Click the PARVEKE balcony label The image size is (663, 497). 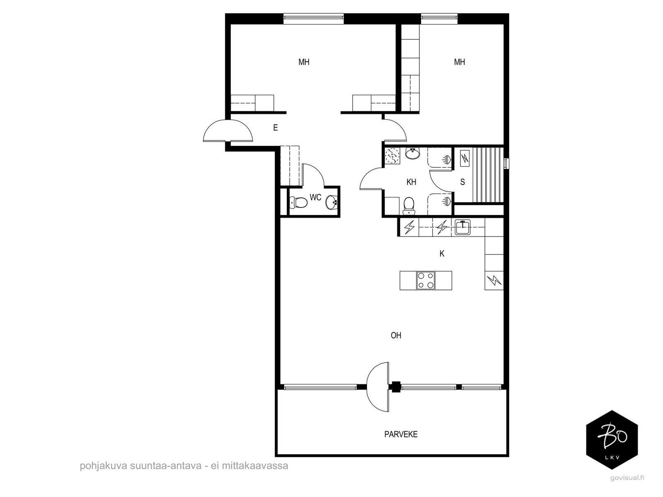[401, 434]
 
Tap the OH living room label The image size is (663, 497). [396, 335]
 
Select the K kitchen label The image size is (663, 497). [442, 254]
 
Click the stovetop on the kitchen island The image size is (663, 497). [426, 280]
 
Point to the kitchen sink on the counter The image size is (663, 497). [462, 227]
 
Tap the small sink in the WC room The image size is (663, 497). [332, 203]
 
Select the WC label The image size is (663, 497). [315, 198]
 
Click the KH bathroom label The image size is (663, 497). [411, 182]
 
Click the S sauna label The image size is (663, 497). [462, 182]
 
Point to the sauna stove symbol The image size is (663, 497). [465, 158]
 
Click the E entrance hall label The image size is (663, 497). [275, 128]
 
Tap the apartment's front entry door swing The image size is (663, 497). [227, 131]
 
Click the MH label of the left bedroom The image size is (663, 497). [304, 62]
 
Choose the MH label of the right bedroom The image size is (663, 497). [459, 62]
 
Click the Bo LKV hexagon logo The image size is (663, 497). [612, 440]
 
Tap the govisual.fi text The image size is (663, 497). [627, 478]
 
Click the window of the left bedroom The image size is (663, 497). [314, 17]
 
